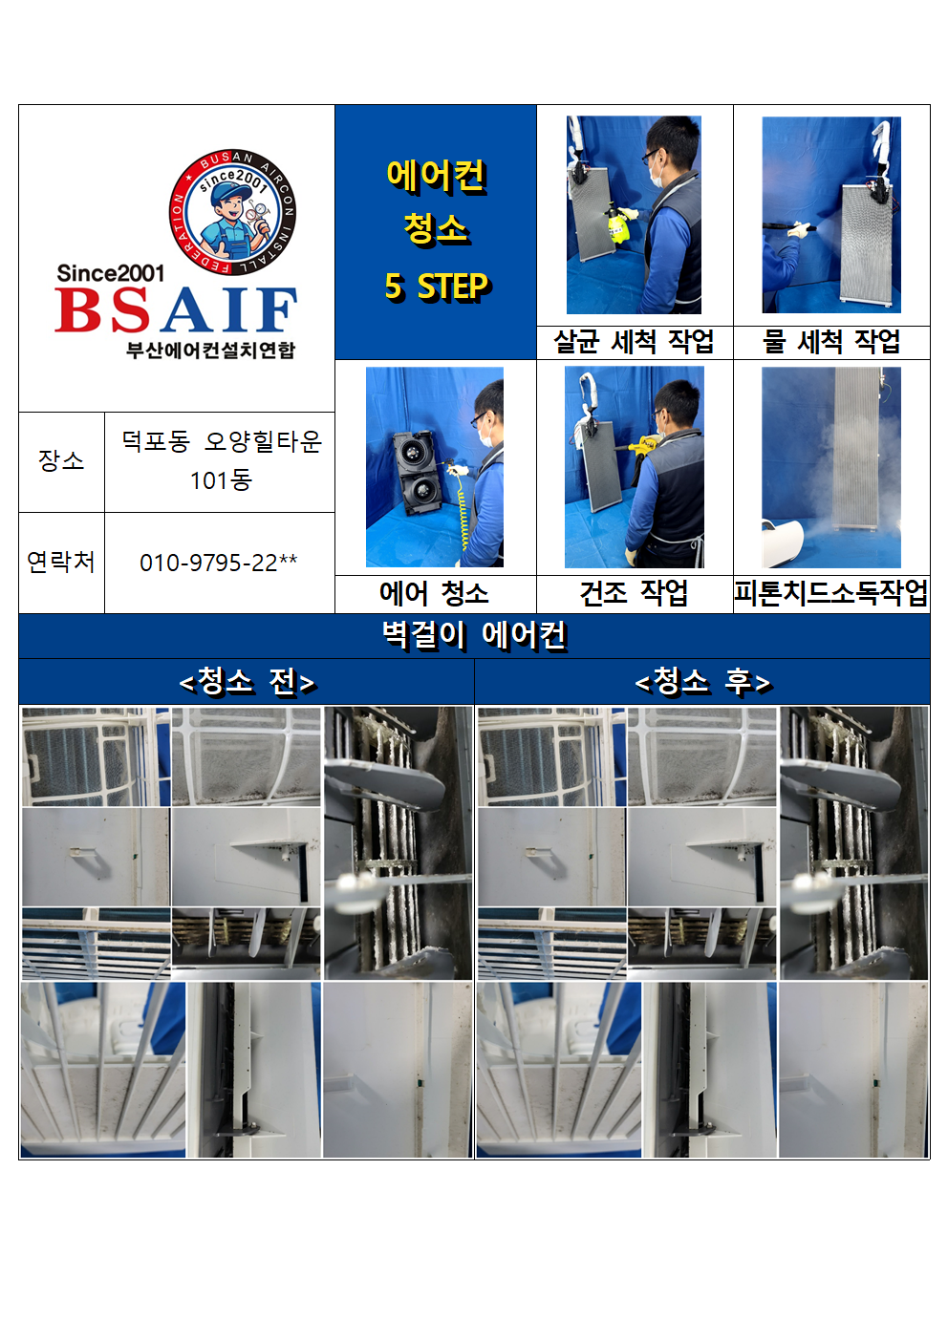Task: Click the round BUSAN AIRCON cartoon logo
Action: (x=232, y=212)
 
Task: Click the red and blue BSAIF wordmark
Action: (x=176, y=309)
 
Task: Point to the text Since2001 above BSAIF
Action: (x=111, y=273)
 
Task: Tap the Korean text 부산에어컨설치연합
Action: (x=210, y=350)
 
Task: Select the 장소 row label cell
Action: (x=62, y=461)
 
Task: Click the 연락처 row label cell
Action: (x=62, y=563)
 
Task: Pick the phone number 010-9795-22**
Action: (x=219, y=563)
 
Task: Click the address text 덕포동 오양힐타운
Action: (x=222, y=442)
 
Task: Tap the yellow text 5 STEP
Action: (x=437, y=286)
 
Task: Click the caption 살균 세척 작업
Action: (x=635, y=342)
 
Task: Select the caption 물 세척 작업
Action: (x=831, y=342)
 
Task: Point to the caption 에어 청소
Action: (x=435, y=593)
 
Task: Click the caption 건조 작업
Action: (x=635, y=593)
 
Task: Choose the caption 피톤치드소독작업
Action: (x=831, y=593)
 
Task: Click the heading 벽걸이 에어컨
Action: (x=474, y=635)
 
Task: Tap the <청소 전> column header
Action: (x=247, y=681)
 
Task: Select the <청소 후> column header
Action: (x=702, y=681)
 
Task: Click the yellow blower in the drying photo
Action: (x=643, y=446)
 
